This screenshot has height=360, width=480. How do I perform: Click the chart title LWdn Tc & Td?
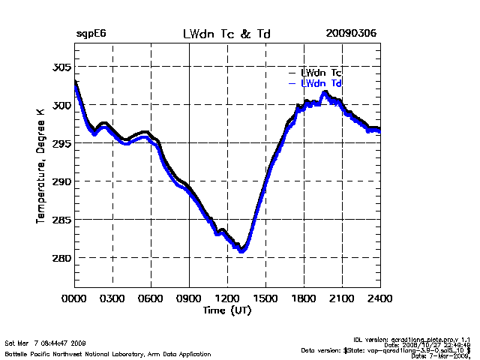(227, 34)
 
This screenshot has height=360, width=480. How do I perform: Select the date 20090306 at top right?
(351, 34)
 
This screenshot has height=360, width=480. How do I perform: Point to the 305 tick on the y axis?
(61, 67)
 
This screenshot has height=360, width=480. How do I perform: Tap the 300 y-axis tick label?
(61, 105)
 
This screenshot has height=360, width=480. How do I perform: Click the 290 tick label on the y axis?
(61, 181)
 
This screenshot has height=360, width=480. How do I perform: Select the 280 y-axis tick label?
(61, 258)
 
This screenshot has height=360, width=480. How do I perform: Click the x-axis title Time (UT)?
(227, 310)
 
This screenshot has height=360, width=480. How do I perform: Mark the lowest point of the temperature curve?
(241, 250)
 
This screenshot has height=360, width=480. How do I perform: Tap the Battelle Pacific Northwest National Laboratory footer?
(108, 352)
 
